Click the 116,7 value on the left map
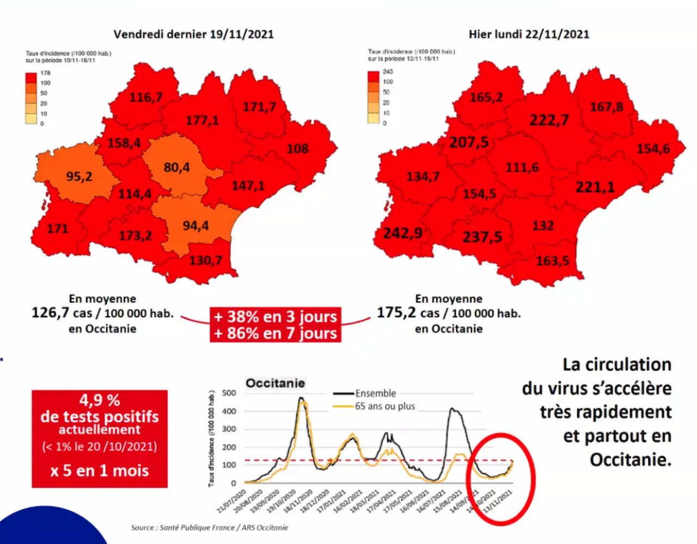pos(145,98)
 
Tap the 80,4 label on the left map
pos(177,168)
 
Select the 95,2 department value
pos(80,177)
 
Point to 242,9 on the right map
pos(402,233)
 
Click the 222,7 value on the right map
pos(549,120)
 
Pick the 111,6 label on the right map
pos(522,168)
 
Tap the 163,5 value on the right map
pos(552,261)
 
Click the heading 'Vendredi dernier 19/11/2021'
pos(193,34)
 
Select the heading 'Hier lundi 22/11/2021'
pos(529,34)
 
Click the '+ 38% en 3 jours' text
pos(276,317)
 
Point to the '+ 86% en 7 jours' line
pos(276,333)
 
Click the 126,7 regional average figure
pos(51,313)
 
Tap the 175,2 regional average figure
pos(396,313)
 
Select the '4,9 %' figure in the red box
pos(100,400)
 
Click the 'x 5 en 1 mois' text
pos(100,471)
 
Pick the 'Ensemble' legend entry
pos(376,393)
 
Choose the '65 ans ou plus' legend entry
pos(385,406)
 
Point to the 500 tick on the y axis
pos(229,393)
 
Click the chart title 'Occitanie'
pos(276,383)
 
